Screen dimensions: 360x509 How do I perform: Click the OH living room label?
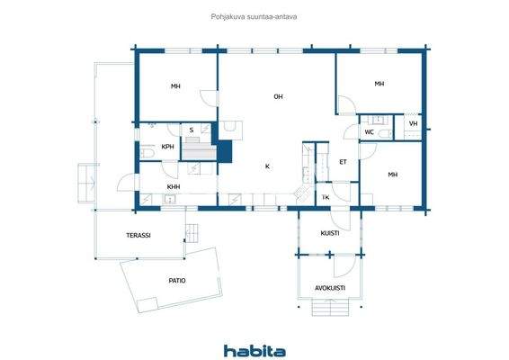(279, 96)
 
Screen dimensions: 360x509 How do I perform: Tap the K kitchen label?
(267, 166)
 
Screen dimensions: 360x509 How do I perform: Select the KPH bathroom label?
(167, 147)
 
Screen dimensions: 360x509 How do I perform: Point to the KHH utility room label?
(174, 186)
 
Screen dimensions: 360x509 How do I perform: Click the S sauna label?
(191, 130)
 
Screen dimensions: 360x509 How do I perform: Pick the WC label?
(369, 132)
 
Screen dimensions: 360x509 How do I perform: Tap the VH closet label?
(413, 124)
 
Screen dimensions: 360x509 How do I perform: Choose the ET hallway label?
(343, 162)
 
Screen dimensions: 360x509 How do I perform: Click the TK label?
(326, 196)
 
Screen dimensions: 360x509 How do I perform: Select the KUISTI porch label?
(330, 233)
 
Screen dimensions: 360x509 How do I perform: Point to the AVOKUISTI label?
(330, 288)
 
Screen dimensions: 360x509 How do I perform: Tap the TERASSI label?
(138, 235)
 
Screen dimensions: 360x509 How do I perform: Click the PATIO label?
(177, 280)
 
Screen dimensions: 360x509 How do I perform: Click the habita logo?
(254, 349)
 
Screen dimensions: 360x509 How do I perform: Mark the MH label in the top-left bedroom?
(176, 86)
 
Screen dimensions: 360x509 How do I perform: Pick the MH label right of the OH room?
(380, 84)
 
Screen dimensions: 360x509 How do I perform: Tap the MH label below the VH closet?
(392, 175)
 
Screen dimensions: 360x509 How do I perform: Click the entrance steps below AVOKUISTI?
(330, 310)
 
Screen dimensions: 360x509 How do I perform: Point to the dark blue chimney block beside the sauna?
(225, 147)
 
